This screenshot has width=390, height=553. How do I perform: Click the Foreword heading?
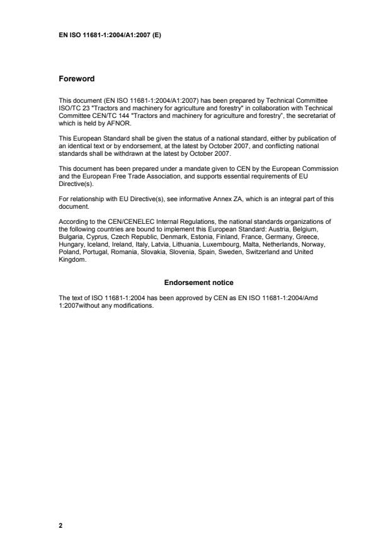click(76, 79)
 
